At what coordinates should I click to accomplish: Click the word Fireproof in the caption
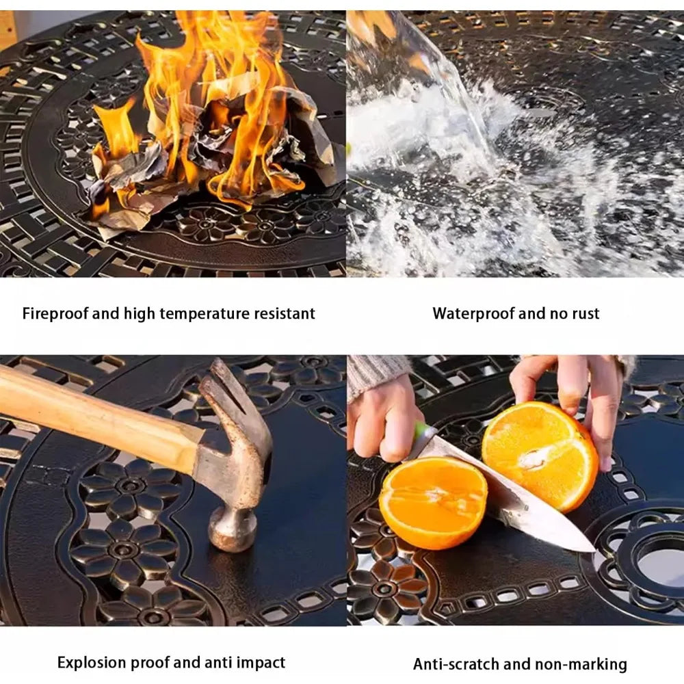[x=55, y=314]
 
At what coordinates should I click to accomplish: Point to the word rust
[x=585, y=314]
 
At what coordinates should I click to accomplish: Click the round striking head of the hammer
[x=231, y=530]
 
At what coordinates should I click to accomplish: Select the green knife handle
[x=422, y=431]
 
